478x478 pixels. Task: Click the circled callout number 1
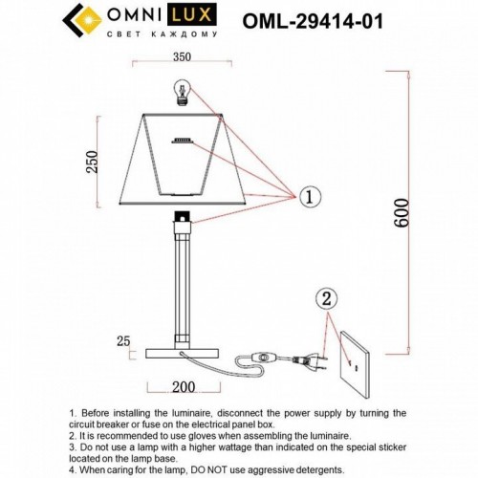click(x=308, y=197)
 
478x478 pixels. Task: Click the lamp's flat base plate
click(x=181, y=353)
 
